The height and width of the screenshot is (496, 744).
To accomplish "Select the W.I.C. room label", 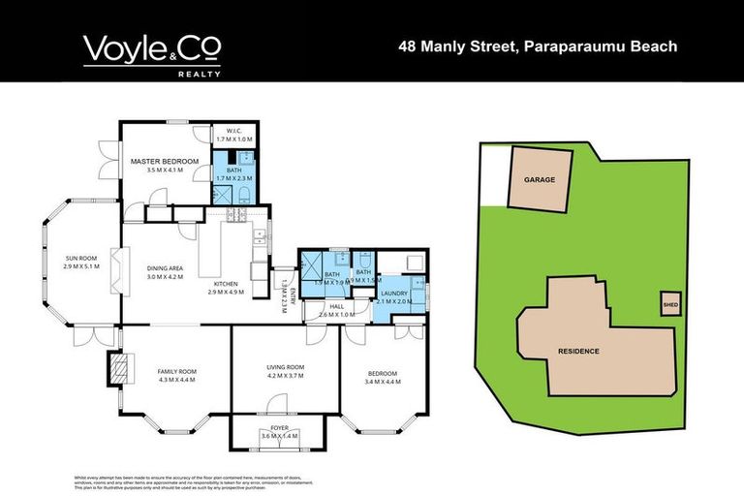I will [x=232, y=130].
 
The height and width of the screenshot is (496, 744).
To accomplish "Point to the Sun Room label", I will [x=81, y=259].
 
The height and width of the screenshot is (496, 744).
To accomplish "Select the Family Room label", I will [x=176, y=371].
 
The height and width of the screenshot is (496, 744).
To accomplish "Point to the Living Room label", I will [x=286, y=367].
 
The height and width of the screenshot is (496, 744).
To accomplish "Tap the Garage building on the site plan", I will [x=540, y=180].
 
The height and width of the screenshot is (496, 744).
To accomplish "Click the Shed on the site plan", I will [x=669, y=302].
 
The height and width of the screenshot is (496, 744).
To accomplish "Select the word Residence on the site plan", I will [x=578, y=351].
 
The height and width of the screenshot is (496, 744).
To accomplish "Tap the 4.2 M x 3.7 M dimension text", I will [x=286, y=376].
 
